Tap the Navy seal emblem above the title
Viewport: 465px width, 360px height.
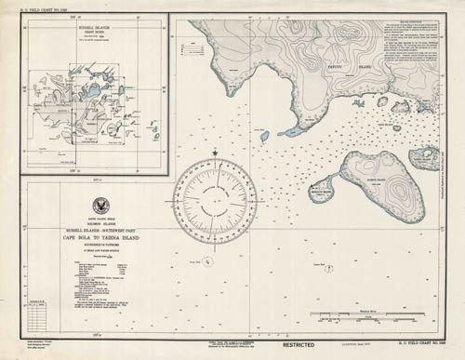(x=100, y=207)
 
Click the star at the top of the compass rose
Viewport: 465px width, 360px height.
(x=215, y=153)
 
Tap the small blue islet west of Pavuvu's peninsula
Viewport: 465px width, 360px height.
(x=264, y=137)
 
